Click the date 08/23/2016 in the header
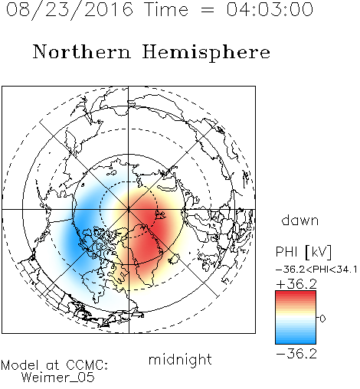point(70,10)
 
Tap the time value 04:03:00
point(270,9)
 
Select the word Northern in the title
point(82,51)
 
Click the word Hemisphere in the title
point(206,53)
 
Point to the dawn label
point(300,220)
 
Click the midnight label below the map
point(180,359)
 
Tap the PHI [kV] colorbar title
point(303,252)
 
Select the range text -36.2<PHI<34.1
point(316,270)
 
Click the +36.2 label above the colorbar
point(296,284)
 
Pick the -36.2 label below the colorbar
point(296,354)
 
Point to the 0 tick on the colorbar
point(322,319)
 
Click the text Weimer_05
point(58,378)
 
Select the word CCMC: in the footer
point(87,365)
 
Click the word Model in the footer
point(20,365)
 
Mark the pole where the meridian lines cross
point(129,209)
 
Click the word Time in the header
point(166,9)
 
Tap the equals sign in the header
point(208,11)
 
